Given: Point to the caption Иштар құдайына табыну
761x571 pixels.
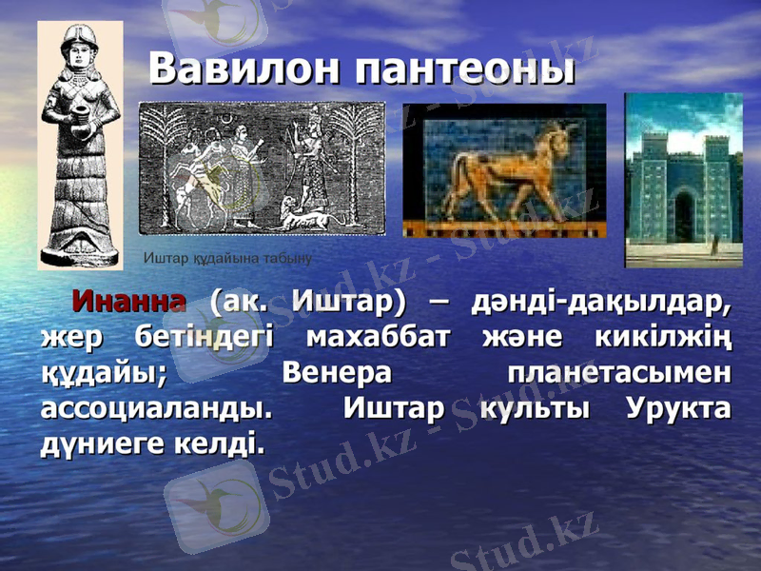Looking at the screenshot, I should pyautogui.click(x=227, y=258).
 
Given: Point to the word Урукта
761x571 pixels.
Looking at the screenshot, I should pyautogui.click(x=679, y=408).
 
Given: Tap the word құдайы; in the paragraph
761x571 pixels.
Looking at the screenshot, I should pyautogui.click(x=104, y=373).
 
